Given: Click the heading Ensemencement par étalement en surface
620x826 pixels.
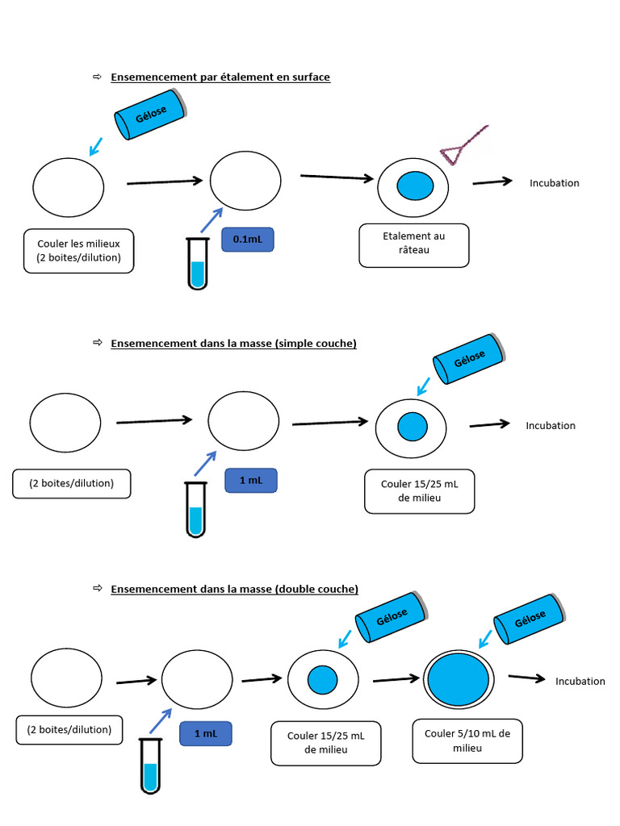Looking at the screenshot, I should coord(220,77).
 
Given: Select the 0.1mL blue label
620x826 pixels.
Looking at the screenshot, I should coord(248,240).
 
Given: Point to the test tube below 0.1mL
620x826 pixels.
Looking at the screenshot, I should coord(197,263).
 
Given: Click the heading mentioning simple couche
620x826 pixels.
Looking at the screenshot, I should coord(233,344).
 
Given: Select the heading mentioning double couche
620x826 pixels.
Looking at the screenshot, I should coord(234,590).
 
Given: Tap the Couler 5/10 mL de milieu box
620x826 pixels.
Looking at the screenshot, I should coord(467,740).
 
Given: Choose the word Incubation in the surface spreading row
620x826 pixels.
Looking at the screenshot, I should coord(555,183).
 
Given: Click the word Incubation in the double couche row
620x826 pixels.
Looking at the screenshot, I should coord(580,682).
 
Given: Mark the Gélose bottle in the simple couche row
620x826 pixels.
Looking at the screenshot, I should coord(469,358).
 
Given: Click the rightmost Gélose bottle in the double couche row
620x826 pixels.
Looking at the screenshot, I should coord(530,619).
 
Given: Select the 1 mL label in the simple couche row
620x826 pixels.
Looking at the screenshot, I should coord(251,481).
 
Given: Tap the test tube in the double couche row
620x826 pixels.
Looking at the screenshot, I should coord(149,766).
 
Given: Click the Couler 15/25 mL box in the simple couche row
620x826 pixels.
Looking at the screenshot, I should coord(419,491).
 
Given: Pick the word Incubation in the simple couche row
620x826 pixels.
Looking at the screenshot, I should coord(551,426).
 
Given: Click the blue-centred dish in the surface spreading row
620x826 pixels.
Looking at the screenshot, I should coord(414,186).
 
